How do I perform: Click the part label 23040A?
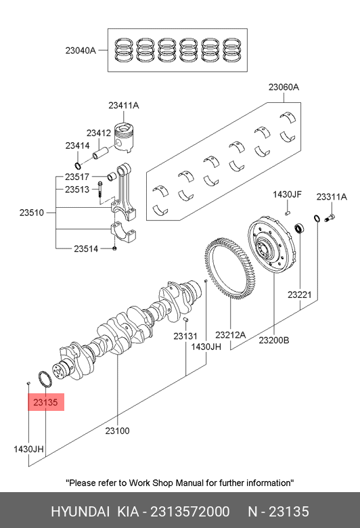click(81, 51)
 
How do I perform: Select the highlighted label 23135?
click(46, 402)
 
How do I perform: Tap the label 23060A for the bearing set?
click(284, 87)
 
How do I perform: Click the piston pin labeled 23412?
click(100, 152)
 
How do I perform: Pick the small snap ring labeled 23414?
click(78, 166)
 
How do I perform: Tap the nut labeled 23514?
click(114, 248)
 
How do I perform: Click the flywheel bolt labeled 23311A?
click(330, 218)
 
